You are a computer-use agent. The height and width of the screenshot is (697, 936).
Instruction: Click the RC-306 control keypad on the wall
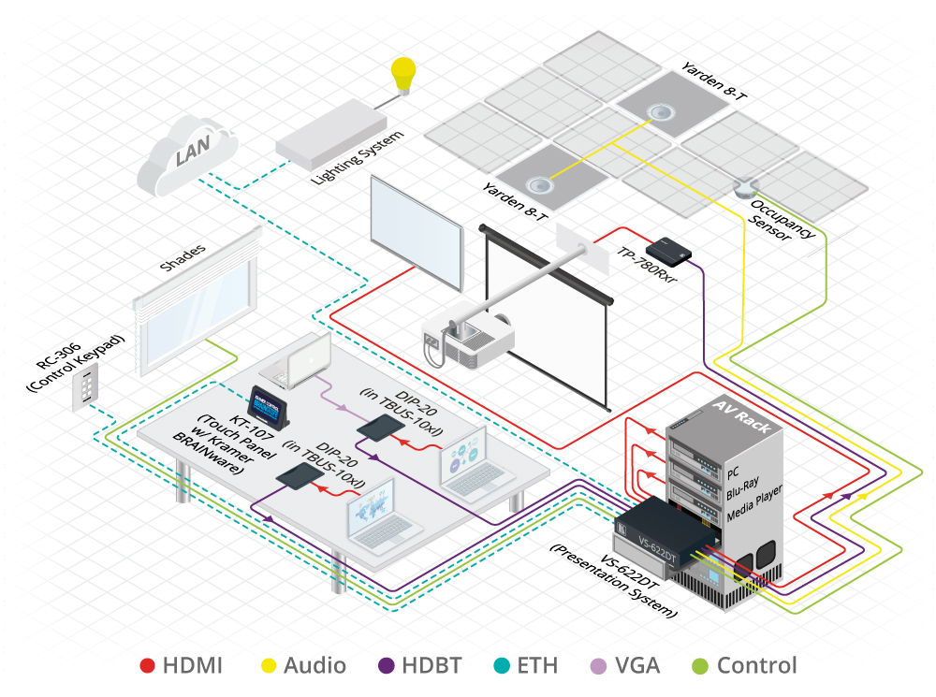tap(85, 385)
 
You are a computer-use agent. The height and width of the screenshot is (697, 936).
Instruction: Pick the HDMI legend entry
tap(182, 666)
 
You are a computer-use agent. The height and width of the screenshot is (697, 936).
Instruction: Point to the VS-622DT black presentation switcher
tap(660, 533)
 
